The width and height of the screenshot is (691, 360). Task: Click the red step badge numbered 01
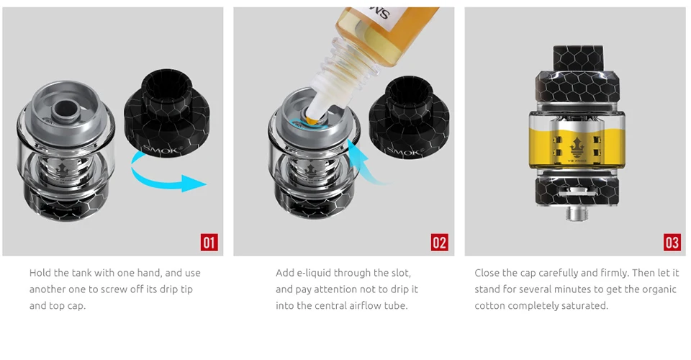[x=209, y=243]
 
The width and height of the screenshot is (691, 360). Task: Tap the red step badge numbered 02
[x=439, y=243]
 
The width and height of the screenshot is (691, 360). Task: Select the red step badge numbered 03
[x=672, y=243]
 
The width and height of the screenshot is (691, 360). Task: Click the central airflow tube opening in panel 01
[x=66, y=107]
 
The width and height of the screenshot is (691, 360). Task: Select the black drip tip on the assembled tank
[x=577, y=58]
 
